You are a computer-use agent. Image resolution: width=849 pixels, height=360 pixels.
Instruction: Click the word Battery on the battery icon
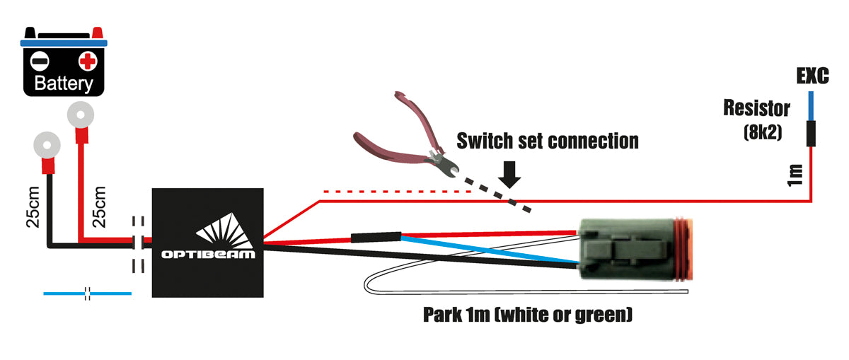pyautogui.click(x=64, y=84)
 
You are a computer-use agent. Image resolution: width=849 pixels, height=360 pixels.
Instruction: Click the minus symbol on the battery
pyautogui.click(x=41, y=60)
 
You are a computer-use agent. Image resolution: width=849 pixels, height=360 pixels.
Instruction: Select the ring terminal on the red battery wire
pyautogui.click(x=81, y=113)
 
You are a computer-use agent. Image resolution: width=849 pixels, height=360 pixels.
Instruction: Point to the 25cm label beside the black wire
pyautogui.click(x=33, y=207)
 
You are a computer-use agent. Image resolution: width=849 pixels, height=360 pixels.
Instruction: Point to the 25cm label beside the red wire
pyautogui.click(x=99, y=207)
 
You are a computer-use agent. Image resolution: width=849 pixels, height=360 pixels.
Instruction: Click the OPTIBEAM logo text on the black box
pyautogui.click(x=208, y=252)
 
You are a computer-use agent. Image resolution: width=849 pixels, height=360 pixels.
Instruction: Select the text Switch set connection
pyautogui.click(x=547, y=141)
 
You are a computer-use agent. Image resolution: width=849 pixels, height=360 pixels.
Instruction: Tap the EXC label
pyautogui.click(x=812, y=76)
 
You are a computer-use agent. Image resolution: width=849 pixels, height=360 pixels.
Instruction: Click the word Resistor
pyautogui.click(x=756, y=109)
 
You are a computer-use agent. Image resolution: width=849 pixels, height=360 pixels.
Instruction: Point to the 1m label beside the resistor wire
pyautogui.click(x=795, y=174)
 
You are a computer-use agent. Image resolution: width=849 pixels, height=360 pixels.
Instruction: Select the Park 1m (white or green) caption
pyautogui.click(x=527, y=314)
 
